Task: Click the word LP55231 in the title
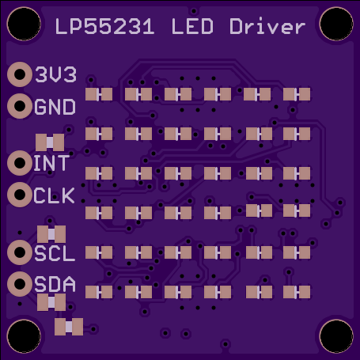(104, 27)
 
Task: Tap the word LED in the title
(192, 27)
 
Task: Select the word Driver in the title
(267, 26)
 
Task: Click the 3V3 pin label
(56, 74)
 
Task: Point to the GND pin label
(55, 107)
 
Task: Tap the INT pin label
(51, 163)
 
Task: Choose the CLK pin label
(54, 195)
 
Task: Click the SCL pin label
(55, 253)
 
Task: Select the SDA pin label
(55, 284)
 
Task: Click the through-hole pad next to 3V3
(20, 74)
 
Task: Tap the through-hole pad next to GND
(20, 106)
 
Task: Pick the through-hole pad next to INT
(20, 163)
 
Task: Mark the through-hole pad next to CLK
(20, 195)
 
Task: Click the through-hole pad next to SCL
(20, 252)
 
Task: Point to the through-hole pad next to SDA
(20, 284)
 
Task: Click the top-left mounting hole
(24, 24)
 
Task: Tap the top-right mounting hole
(336, 24)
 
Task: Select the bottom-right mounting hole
(336, 336)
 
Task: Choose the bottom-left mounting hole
(24, 336)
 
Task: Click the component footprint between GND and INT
(50, 142)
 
